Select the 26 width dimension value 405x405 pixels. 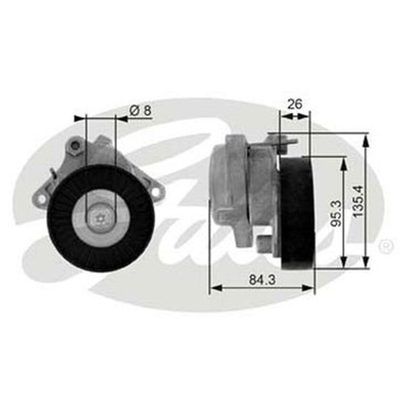pyautogui.click(x=294, y=104)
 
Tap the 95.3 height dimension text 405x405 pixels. pyautogui.click(x=332, y=211)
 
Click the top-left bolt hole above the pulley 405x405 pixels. pyautogui.click(x=75, y=146)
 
